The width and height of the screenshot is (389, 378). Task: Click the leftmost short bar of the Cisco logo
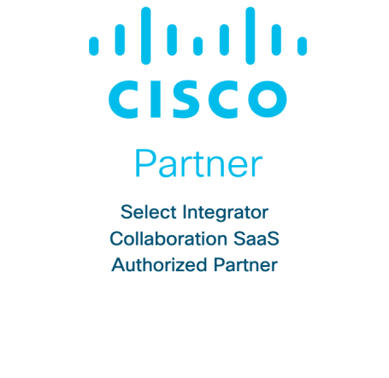coord(94,46)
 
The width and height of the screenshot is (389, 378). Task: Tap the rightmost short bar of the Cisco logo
coord(302,46)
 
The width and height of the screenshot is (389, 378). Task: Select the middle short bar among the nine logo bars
coord(197,46)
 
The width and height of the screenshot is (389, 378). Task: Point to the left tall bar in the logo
coord(145,36)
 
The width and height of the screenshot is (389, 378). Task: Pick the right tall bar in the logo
coord(250,36)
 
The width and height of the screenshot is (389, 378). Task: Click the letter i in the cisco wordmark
coord(156,99)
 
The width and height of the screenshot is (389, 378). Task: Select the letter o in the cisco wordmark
coord(268,99)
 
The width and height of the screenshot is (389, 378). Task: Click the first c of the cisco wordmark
coord(123,99)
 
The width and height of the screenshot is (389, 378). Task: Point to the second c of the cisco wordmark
coord(223,99)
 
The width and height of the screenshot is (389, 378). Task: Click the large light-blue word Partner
coord(198,163)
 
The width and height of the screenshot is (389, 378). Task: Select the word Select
coord(149,212)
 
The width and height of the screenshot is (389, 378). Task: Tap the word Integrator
coord(226,214)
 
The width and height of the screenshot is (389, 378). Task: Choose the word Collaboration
coord(168,239)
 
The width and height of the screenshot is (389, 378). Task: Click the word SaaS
coord(256,239)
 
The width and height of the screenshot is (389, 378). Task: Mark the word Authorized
coord(159,265)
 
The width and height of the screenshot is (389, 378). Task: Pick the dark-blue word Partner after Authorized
coord(245,265)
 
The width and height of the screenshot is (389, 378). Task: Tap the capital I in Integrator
coord(185,212)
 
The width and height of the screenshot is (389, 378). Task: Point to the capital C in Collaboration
coord(117,239)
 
